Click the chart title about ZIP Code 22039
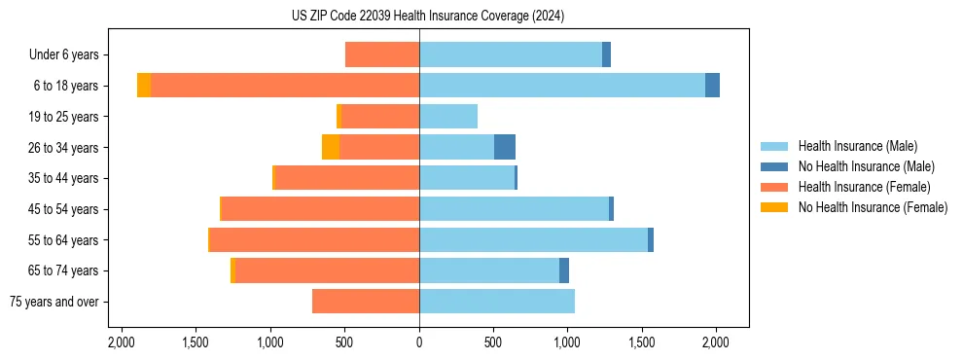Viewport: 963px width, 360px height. pyautogui.click(x=427, y=16)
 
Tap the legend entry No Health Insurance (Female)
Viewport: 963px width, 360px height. pyautogui.click(x=873, y=207)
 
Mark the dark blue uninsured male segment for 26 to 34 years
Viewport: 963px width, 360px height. pyautogui.click(x=505, y=147)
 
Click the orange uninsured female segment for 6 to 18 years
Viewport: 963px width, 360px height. pyautogui.click(x=144, y=86)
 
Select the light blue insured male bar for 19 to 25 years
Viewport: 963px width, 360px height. pyautogui.click(x=448, y=117)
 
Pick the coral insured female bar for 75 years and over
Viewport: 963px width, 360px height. pyautogui.click(x=366, y=302)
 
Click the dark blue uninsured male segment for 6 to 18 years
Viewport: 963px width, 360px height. pyautogui.click(x=712, y=86)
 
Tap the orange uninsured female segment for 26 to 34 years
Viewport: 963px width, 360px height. pyautogui.click(x=331, y=147)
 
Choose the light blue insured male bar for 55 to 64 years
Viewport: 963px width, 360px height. pyautogui.click(x=533, y=240)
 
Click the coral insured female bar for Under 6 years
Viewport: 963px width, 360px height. pyautogui.click(x=382, y=55)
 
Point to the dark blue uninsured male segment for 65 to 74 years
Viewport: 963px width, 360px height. pyautogui.click(x=564, y=270)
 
